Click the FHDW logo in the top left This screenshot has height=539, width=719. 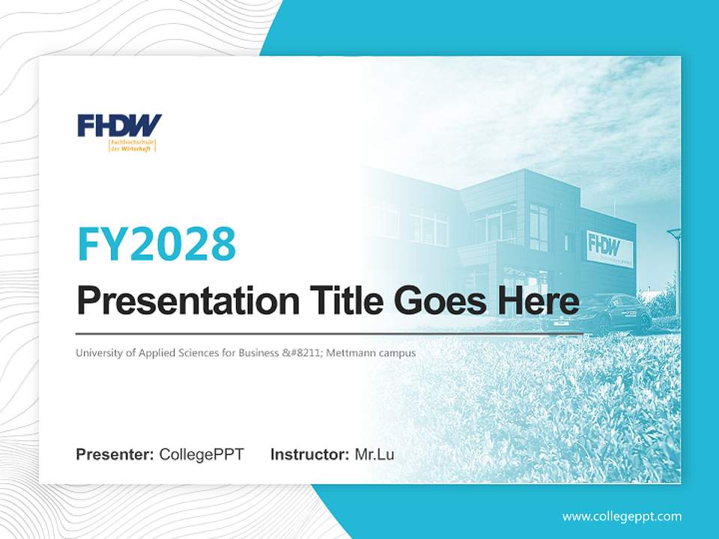[x=119, y=125]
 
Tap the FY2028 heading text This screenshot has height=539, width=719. [x=157, y=243]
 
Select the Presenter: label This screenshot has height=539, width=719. [x=115, y=454]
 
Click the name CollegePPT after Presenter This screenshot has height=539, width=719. [x=201, y=454]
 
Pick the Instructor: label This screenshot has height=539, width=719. [x=309, y=454]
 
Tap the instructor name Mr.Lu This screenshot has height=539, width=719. [x=374, y=454]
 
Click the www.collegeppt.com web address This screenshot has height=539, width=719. [x=622, y=516]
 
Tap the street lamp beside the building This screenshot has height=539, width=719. [x=675, y=255]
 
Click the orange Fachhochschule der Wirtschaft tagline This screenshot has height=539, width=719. [x=132, y=144]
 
